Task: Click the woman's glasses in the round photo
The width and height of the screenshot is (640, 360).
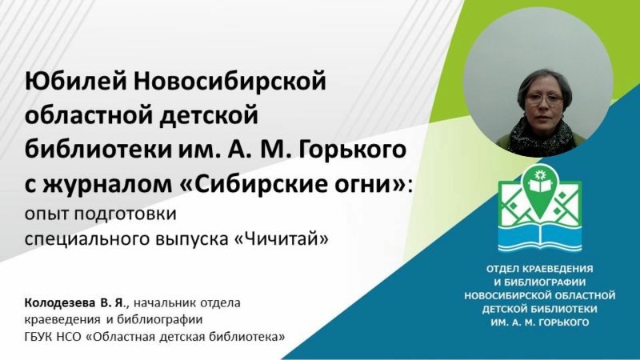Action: pos(545,101)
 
